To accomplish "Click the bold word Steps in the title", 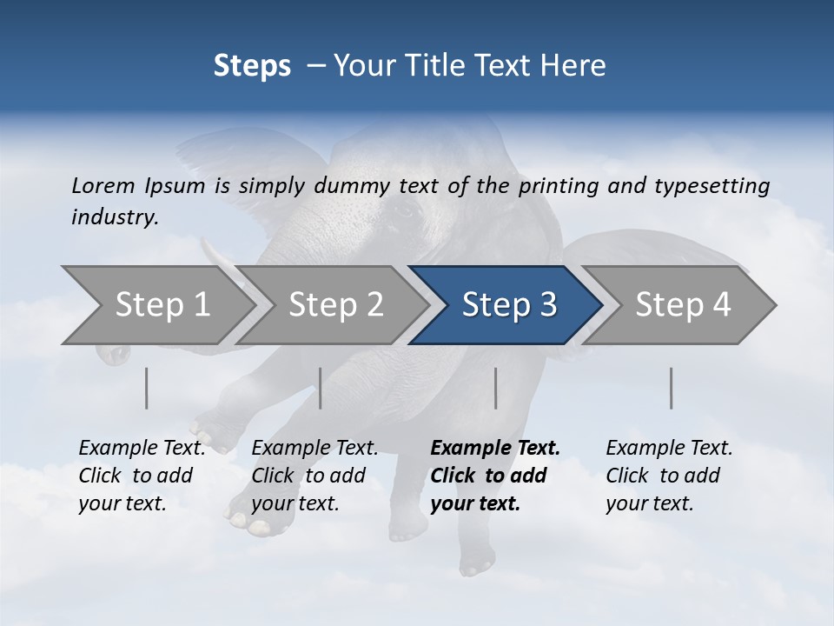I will point(252,66).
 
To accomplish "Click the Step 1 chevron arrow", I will point(162,305).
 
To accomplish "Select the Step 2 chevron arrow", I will point(336,305).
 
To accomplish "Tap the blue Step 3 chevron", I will point(509,305).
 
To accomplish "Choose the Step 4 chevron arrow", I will point(683,305).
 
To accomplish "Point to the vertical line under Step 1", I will point(146,388).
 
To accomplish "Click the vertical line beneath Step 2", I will point(321,388).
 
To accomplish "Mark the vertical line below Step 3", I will point(495,388).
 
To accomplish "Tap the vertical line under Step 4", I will point(671,388).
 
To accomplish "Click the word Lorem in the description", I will point(103,186).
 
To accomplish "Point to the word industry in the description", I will point(115,217).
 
